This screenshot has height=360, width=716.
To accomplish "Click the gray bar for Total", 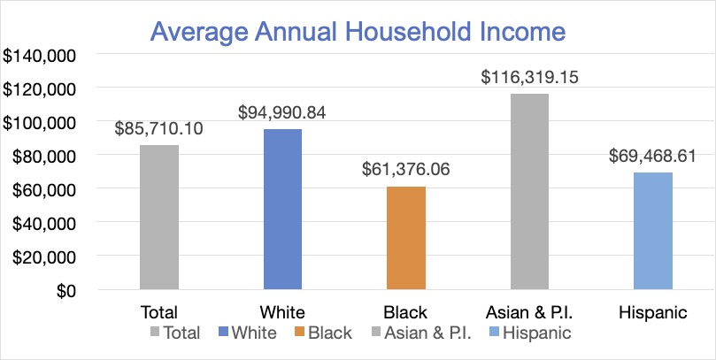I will [159, 218].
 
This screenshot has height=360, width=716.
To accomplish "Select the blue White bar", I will [282, 210].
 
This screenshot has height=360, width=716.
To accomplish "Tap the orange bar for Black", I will [406, 238].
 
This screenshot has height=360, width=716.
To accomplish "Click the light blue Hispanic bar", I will [653, 231].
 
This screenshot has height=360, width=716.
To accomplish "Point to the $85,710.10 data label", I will [159, 129].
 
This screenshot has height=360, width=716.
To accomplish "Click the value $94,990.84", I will [283, 113].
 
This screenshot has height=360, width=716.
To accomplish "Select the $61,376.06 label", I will [406, 170].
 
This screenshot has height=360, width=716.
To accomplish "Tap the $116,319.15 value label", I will [529, 78].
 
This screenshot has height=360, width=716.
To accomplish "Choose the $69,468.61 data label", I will [653, 156].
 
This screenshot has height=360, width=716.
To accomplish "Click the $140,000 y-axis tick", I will [42, 56].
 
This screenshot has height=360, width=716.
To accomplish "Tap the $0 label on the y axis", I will [66, 291].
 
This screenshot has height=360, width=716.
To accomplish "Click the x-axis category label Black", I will [406, 312].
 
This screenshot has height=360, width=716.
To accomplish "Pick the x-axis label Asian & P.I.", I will [529, 312].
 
